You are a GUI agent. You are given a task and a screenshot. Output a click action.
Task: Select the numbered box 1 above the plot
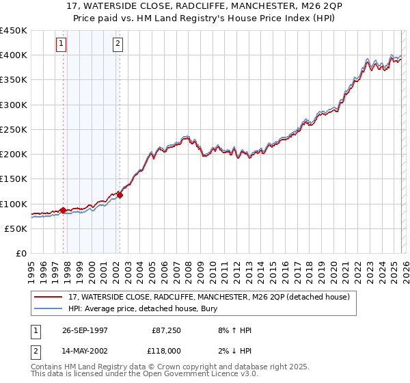click(x=61, y=44)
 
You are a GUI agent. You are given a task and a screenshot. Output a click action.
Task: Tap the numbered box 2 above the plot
click(x=118, y=44)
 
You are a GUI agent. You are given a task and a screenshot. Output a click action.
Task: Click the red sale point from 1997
click(x=64, y=210)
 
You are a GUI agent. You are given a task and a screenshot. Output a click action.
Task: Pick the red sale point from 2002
click(x=120, y=195)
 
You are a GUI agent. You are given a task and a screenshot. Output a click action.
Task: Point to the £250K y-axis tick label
click(x=13, y=129)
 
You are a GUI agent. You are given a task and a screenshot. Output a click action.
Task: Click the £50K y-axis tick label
click(x=16, y=228)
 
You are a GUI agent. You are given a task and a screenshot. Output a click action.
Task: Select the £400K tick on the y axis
click(x=13, y=55)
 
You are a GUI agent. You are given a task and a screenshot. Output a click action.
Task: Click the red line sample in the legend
click(x=49, y=297)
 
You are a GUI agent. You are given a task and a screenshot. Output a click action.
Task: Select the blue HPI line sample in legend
click(x=49, y=308)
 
